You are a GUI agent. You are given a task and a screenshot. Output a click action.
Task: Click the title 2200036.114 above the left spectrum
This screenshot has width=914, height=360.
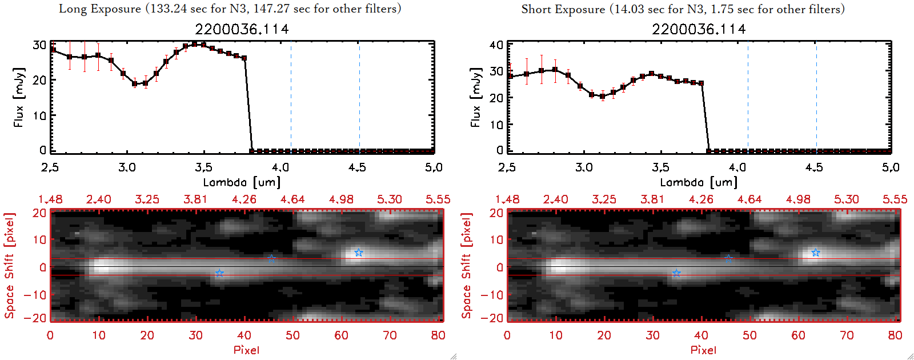click(242, 29)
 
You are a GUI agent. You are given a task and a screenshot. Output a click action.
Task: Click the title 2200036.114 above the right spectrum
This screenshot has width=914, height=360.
click(699, 29)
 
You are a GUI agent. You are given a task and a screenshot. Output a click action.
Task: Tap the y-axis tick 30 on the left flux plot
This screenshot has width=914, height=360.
click(39, 45)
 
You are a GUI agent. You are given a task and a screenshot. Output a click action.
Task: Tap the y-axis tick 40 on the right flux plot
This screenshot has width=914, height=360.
click(496, 45)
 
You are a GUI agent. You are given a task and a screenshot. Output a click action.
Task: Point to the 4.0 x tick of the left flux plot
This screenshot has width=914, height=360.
click(280, 167)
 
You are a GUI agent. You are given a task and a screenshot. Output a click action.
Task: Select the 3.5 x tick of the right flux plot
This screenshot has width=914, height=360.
click(660, 167)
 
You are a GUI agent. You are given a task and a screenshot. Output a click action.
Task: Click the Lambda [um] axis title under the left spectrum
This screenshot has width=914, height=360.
click(242, 182)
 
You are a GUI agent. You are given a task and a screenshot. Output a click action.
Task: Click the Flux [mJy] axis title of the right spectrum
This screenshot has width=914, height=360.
click(475, 97)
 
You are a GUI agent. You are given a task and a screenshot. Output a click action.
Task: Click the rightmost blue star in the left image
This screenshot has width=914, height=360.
click(358, 253)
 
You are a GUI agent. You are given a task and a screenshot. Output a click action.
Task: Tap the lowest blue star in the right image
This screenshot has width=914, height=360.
click(676, 274)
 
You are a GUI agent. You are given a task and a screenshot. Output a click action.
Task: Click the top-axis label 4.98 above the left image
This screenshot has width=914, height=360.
click(341, 199)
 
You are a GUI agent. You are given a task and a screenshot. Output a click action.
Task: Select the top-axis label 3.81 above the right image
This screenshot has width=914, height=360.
click(652, 199)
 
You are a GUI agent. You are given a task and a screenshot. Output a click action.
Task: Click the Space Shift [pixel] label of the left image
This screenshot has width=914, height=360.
click(9, 266)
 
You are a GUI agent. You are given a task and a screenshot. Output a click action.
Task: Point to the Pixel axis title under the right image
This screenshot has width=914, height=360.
click(703, 350)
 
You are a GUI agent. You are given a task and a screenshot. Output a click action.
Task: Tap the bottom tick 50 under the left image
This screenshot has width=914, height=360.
click(293, 335)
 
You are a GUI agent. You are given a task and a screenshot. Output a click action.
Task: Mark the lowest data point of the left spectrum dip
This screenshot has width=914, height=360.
click(135, 83)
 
